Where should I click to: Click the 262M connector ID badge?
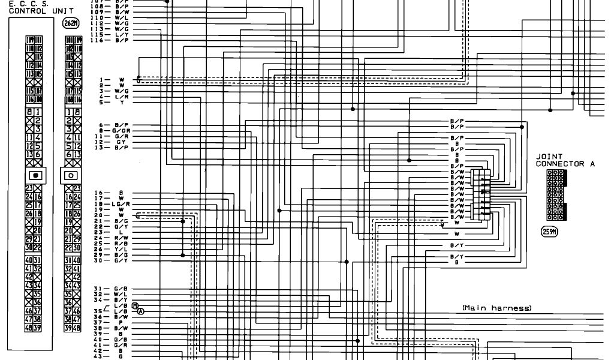coord(70,23)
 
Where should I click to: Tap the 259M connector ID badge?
coord(550,232)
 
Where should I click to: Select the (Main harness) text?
coord(497,308)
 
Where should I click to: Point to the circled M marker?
coord(135,305)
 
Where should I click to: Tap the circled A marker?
coord(141,311)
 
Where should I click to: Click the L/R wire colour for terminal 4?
coord(122,97)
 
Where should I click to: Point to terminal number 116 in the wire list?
coord(98,40)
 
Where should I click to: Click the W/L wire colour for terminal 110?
coord(122,17)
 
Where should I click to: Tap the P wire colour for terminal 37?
coord(121,322)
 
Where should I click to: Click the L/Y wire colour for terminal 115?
coord(122,34)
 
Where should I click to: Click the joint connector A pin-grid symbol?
coord(556,195)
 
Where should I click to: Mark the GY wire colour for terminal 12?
coord(121,142)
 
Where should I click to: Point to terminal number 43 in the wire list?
coord(98,356)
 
